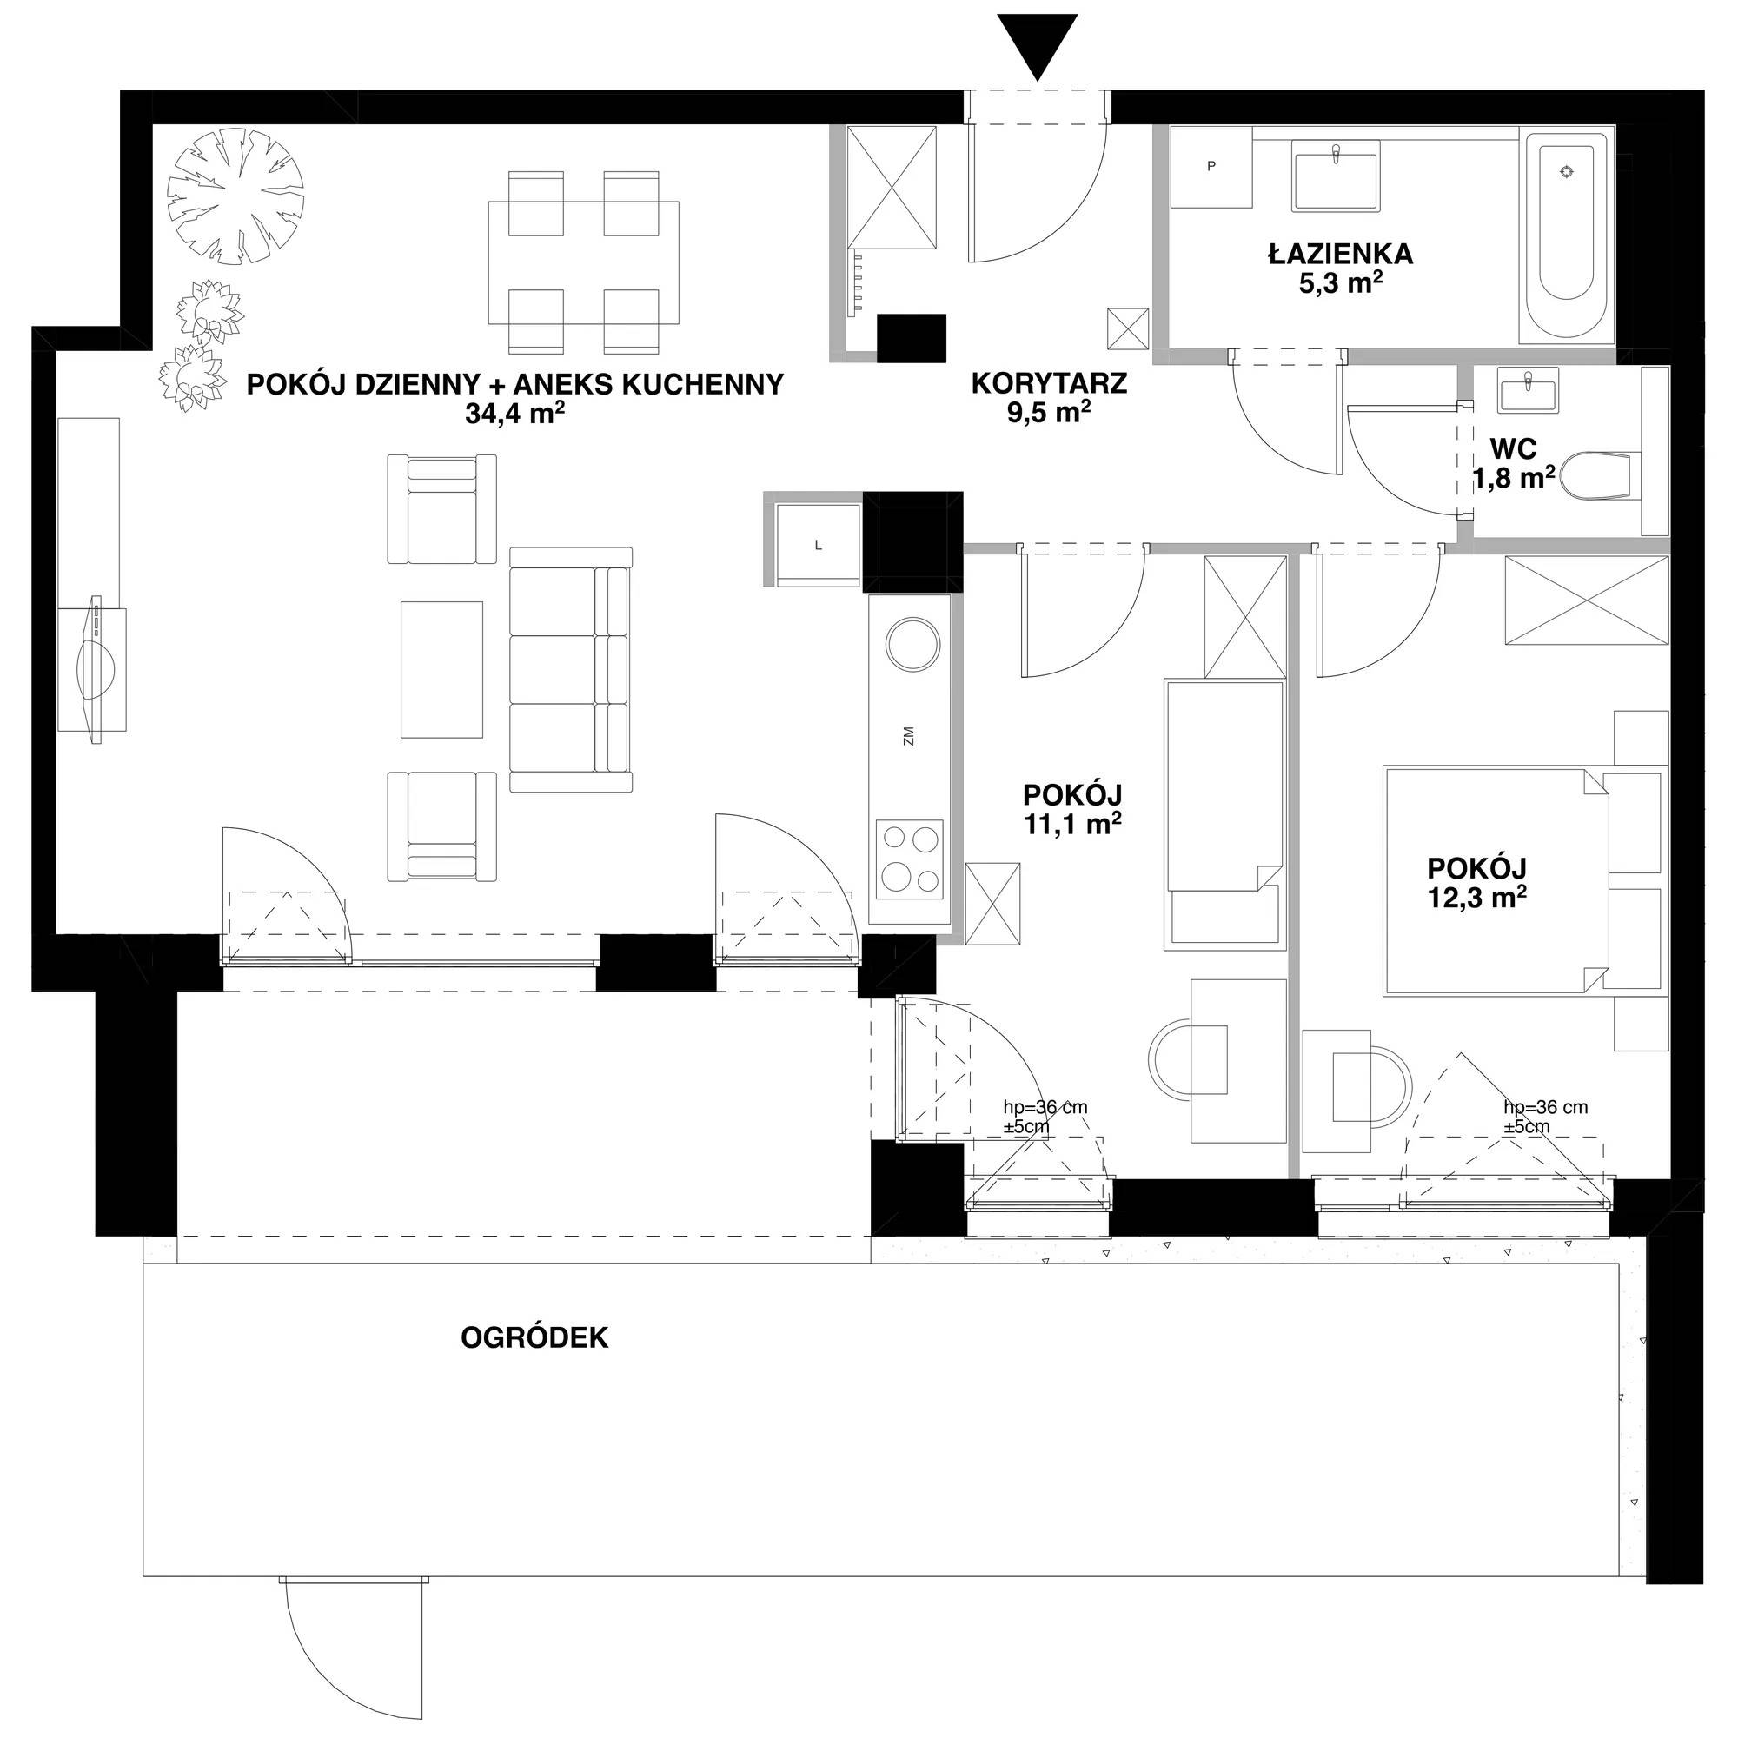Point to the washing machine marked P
point(1210,168)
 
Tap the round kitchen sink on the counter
point(913,643)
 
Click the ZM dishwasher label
point(909,737)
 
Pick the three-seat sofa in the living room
point(570,669)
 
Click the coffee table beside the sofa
point(441,669)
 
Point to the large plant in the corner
point(235,197)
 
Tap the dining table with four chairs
point(583,262)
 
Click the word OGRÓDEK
point(534,1338)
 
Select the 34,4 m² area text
point(514,415)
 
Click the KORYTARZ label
point(1049,384)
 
